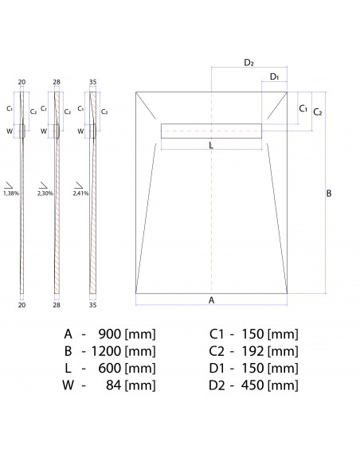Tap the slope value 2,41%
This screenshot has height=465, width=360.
81,193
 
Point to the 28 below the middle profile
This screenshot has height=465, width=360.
57,304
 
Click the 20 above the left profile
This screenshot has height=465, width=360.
22,81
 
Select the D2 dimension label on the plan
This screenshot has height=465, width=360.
248,62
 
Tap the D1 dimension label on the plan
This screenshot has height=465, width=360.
274,76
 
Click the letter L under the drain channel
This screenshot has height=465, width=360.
210,145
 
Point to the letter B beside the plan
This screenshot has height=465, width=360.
329,193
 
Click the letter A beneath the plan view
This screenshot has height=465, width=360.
211,300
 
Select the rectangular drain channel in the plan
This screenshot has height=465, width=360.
211,131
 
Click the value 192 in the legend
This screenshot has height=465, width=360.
252,350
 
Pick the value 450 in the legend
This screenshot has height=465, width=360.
252,385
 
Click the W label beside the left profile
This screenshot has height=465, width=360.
10,131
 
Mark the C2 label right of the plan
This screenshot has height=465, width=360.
317,112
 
